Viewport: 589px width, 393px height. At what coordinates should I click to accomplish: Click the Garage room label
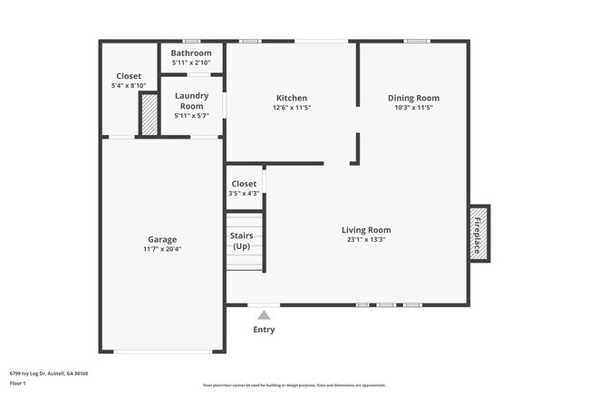[x=162, y=239]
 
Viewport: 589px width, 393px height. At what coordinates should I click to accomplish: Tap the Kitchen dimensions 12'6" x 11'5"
[x=292, y=108]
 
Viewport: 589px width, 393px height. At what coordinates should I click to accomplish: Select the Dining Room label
[x=413, y=98]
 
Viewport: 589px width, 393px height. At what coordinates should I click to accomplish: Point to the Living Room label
[x=366, y=230]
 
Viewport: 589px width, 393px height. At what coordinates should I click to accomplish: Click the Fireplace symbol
[x=478, y=234]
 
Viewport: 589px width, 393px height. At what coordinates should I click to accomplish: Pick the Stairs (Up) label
[x=241, y=241]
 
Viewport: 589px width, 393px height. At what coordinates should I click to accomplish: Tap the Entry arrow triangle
[x=264, y=315]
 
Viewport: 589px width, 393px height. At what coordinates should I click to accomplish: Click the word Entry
[x=264, y=330]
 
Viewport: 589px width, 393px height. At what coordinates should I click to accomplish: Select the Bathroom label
[x=191, y=53]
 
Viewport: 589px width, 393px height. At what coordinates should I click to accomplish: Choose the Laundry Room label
[x=191, y=101]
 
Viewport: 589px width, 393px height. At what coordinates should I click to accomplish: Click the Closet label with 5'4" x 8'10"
[x=129, y=76]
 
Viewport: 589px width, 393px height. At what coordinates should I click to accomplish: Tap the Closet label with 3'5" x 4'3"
[x=244, y=184]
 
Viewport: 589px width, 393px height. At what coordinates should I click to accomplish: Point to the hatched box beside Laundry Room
[x=148, y=114]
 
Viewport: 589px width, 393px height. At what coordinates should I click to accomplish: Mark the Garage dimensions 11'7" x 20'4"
[x=162, y=249]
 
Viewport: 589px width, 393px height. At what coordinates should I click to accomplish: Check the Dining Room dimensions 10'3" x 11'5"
[x=413, y=108]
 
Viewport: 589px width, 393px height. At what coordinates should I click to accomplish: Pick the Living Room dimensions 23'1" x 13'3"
[x=366, y=240]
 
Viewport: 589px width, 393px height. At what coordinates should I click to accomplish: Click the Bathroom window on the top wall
[x=191, y=41]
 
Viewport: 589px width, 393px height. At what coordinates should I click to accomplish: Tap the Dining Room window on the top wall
[x=417, y=41]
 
